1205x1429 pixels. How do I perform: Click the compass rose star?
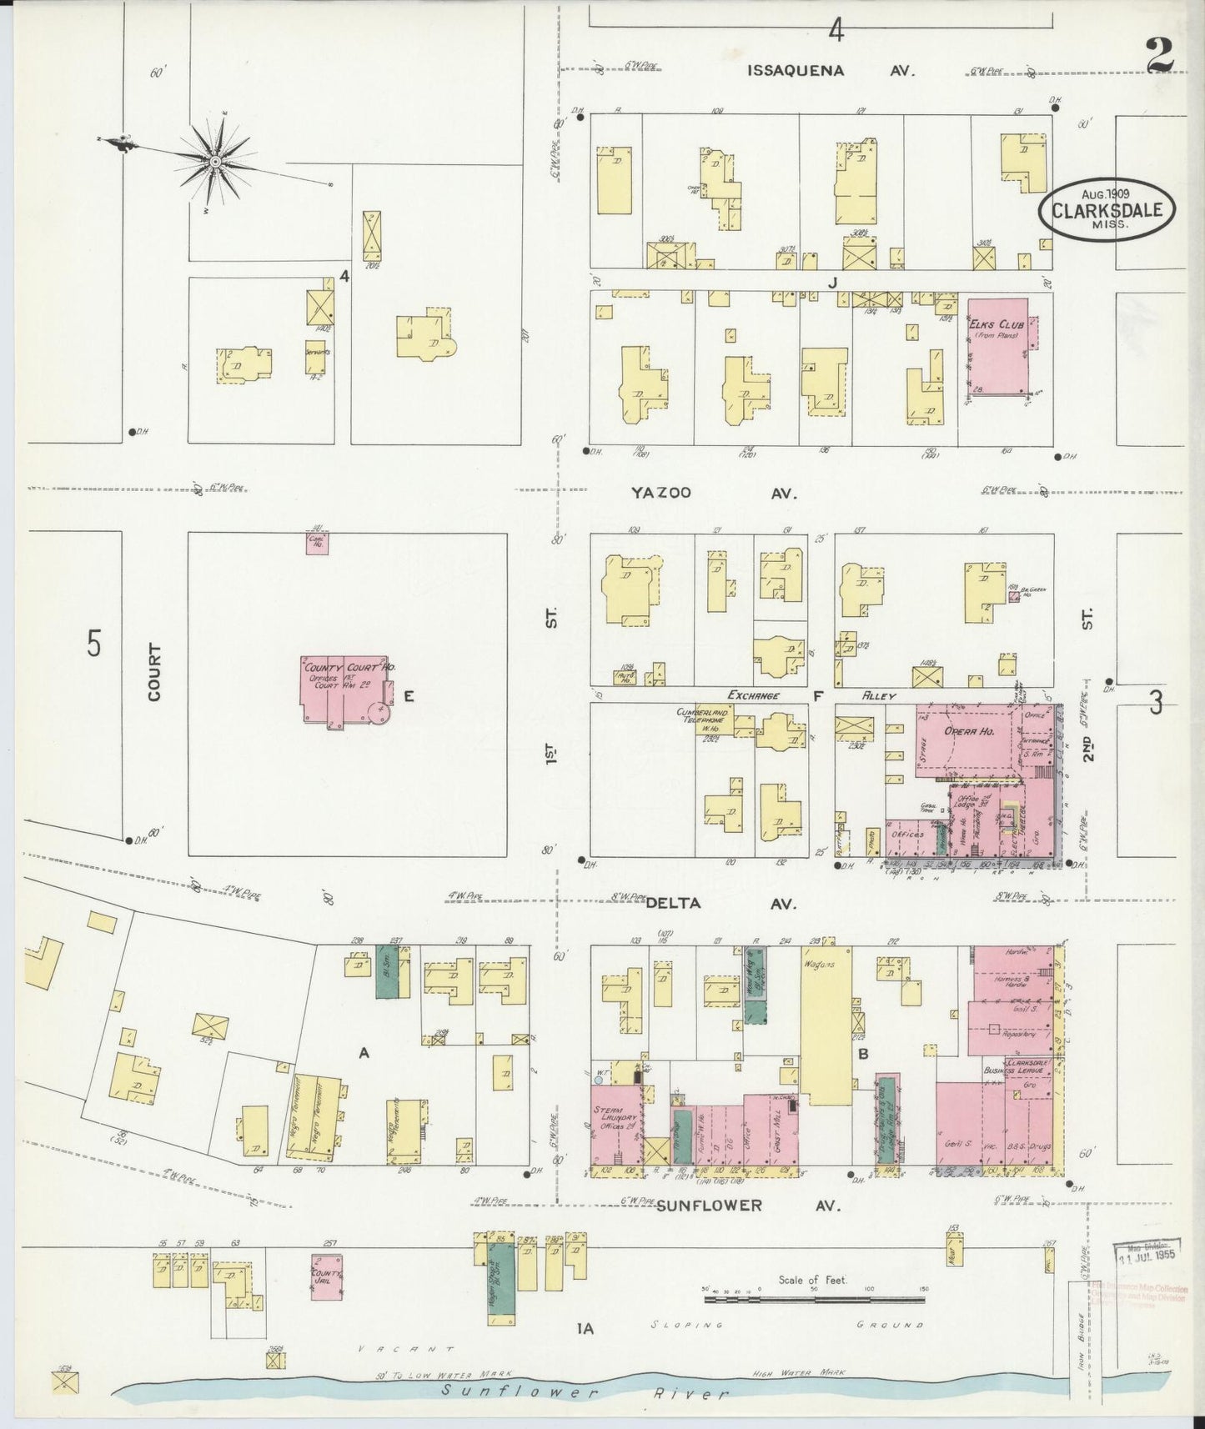click(214, 160)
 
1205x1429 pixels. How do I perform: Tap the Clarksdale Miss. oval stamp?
click(1107, 209)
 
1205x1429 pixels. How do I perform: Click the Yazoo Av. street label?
click(713, 494)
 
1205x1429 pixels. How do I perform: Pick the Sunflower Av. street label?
click(746, 1205)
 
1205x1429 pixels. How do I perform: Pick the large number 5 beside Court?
click(93, 644)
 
